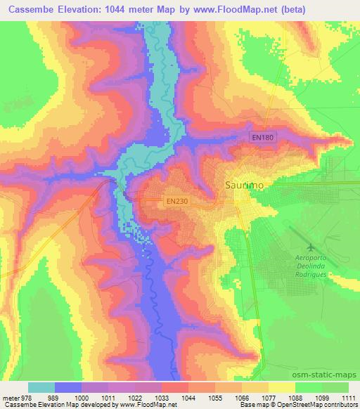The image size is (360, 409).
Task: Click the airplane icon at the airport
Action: [311, 247]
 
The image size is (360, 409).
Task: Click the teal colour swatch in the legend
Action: [41, 387]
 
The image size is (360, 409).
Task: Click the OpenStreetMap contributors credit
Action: [319, 405]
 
